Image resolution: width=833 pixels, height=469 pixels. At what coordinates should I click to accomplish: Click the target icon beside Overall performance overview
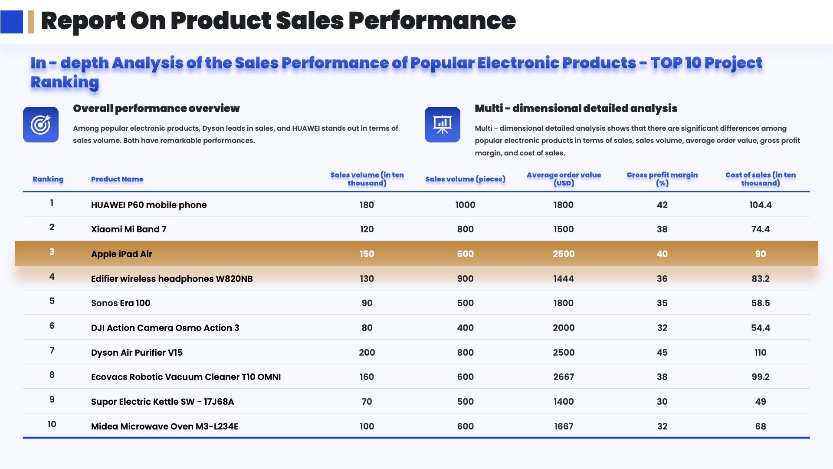pos(41,125)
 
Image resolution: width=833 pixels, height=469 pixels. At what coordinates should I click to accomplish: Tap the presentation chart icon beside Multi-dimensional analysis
pos(443,125)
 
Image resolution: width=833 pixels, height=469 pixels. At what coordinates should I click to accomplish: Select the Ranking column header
pos(48,179)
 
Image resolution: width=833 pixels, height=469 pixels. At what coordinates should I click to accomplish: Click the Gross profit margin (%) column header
pos(662,179)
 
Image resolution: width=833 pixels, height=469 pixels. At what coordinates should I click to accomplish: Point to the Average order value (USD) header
pos(564,179)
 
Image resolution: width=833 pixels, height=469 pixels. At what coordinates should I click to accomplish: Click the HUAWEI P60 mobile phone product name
pos(149,205)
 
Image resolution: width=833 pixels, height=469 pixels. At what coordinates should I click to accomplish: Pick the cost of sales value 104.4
pos(761,205)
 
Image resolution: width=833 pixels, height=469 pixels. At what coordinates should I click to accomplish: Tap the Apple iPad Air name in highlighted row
pos(121,254)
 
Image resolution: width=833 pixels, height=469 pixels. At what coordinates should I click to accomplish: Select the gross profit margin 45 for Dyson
pos(662,353)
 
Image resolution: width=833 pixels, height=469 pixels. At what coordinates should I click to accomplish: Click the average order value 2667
pos(564,377)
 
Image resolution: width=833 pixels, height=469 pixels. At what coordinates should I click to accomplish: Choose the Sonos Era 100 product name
pos(121,303)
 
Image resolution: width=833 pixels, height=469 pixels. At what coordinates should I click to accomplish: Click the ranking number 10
pos(52,424)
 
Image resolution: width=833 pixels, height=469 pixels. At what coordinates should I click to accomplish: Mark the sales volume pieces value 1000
pos(465,205)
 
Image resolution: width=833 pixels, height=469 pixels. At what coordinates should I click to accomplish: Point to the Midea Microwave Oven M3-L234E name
pos(165,426)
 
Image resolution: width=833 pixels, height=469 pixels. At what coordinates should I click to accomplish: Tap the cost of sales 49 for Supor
pos(761,402)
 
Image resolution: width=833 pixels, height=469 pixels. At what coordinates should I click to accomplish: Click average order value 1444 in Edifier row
pos(564,279)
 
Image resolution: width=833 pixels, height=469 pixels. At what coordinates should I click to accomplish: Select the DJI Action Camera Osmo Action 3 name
pos(165,328)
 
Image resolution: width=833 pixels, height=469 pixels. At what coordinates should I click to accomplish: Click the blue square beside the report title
pos(12,22)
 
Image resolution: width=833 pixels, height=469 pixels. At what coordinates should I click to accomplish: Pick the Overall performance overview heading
pos(156,109)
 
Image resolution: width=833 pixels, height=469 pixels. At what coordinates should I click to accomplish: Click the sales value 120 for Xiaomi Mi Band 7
pos(367,229)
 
